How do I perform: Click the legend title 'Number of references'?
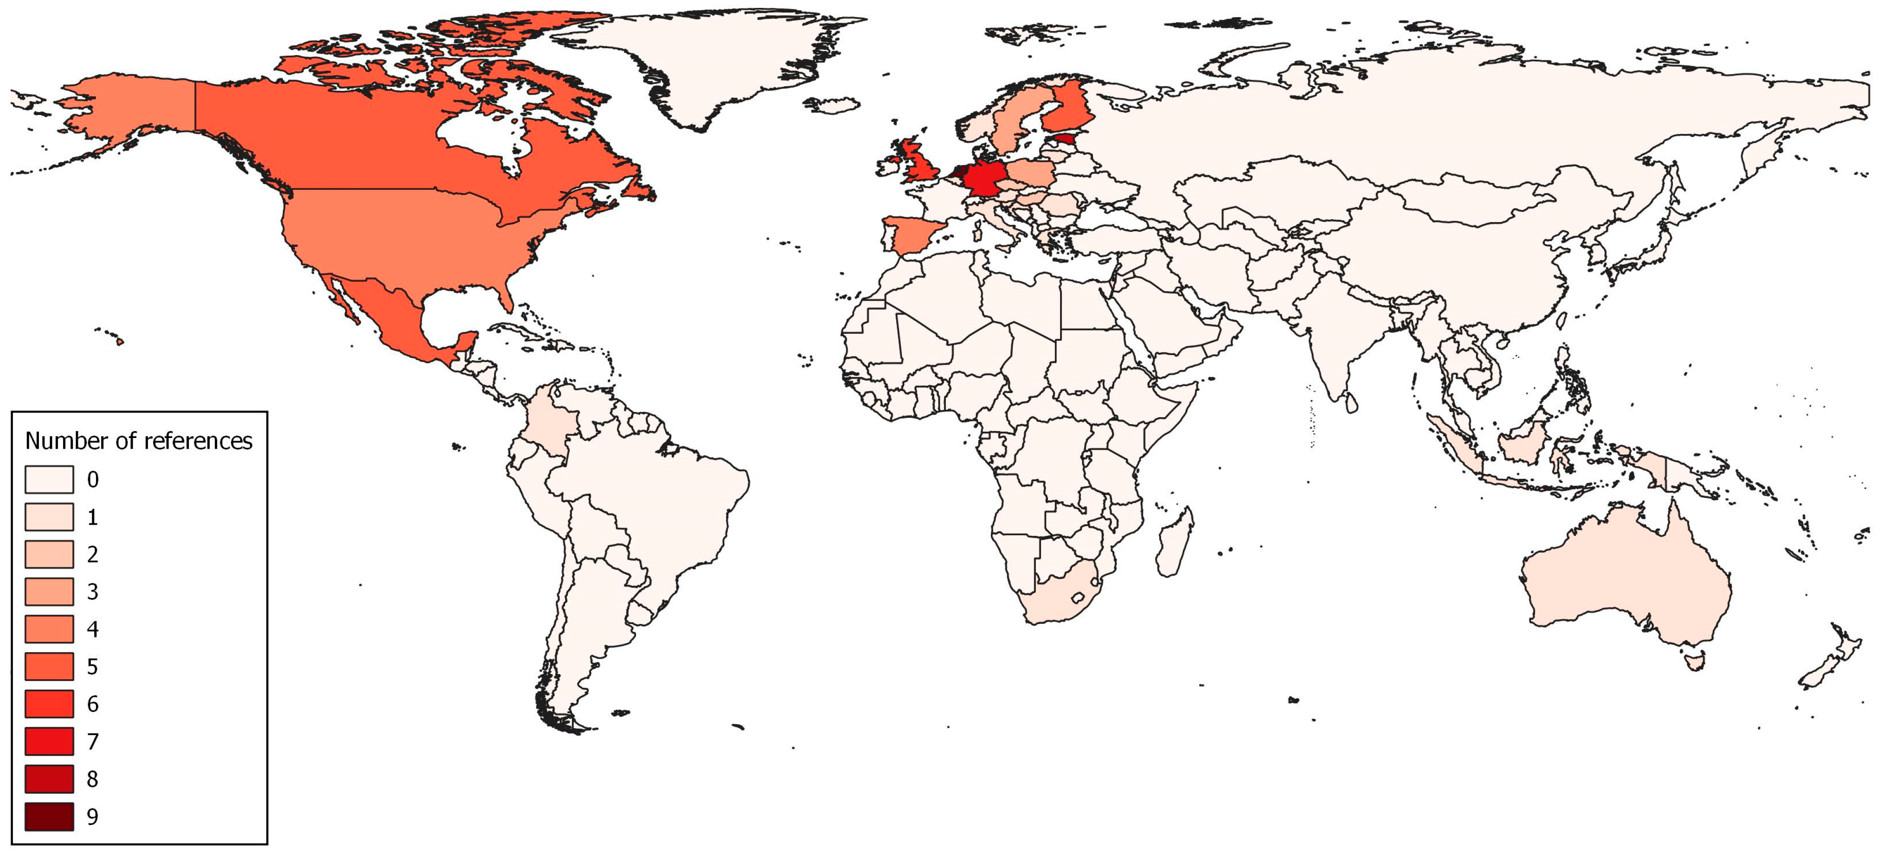tap(139, 441)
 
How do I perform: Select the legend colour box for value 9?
tap(49, 816)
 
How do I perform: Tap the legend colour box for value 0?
tap(49, 479)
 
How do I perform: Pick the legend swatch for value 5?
tap(49, 667)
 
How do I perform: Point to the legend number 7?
tap(92, 742)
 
